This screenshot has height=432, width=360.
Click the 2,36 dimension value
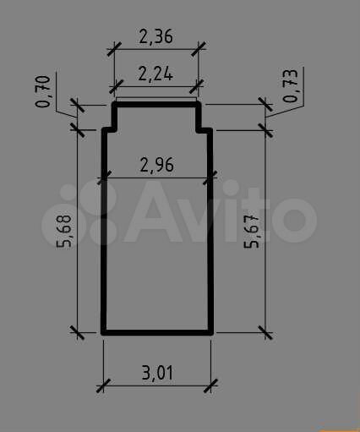pos(155,36)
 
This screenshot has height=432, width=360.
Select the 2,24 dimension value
pos(155,74)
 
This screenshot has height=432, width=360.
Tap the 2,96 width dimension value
pos(157,165)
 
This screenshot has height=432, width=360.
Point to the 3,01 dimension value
pos(157,373)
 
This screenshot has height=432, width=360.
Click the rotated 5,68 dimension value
pos(64,231)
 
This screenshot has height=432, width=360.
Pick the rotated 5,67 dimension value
pos(251,232)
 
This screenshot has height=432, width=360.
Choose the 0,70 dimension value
pos(43,91)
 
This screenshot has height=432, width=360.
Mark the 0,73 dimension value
pos(290,85)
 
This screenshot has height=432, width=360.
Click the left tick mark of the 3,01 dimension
pos(103,386)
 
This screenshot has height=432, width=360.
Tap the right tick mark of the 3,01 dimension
pos(210,386)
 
